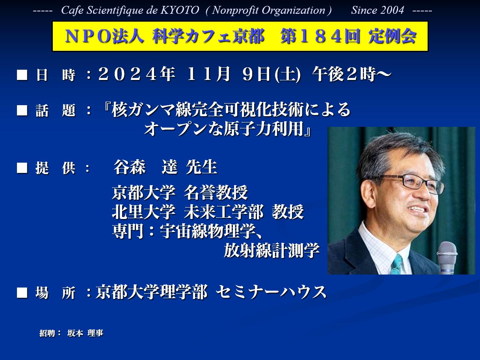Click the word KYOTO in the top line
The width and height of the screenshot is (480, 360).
[180, 10]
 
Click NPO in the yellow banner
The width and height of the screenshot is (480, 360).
[89, 36]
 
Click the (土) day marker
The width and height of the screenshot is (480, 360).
[288, 75]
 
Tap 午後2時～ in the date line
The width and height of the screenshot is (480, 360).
[352, 74]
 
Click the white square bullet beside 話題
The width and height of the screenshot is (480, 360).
[22, 110]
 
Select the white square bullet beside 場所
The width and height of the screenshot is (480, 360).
[22, 293]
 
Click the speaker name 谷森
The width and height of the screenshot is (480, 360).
[129, 167]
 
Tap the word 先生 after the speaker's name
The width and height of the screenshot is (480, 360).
[201, 167]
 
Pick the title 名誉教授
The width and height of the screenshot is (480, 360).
[216, 193]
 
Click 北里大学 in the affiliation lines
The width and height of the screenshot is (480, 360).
[144, 212]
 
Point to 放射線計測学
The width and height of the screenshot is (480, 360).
[272, 251]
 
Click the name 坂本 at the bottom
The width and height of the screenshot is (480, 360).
[75, 333]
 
